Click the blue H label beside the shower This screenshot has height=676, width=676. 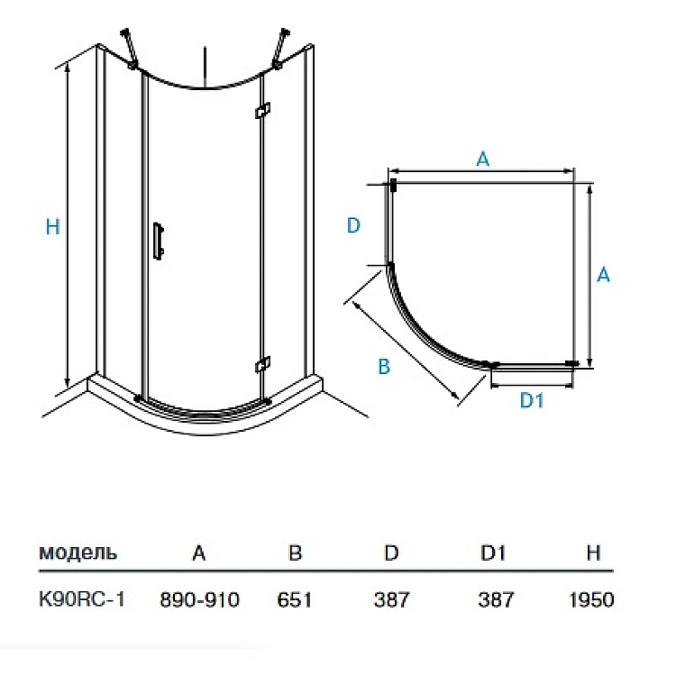click(x=52, y=227)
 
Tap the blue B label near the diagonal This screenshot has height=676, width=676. click(x=384, y=367)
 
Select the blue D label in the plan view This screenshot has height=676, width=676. click(x=353, y=225)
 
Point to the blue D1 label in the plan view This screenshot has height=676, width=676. click(x=532, y=400)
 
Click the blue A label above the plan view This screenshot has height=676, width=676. click(x=483, y=159)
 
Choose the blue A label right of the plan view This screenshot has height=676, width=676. click(x=603, y=274)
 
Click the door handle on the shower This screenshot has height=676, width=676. click(x=159, y=241)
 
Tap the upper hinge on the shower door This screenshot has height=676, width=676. click(x=262, y=110)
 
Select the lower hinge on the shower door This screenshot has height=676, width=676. click(x=262, y=365)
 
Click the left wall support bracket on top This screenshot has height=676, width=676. click(x=129, y=49)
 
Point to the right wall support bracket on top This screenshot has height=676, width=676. click(x=280, y=49)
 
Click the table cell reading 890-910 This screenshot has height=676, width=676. click(x=199, y=599)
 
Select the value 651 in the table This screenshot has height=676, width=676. click(x=295, y=599)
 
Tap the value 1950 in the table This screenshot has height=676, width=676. click(x=591, y=599)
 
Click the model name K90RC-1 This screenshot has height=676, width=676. click(x=82, y=598)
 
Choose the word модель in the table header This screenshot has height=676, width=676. click(x=78, y=553)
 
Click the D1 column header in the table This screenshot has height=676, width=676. click(x=493, y=553)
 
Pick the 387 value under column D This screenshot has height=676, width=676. click(x=391, y=599)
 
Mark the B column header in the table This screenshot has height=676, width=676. click(x=296, y=553)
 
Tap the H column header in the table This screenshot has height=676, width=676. click(x=594, y=553)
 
